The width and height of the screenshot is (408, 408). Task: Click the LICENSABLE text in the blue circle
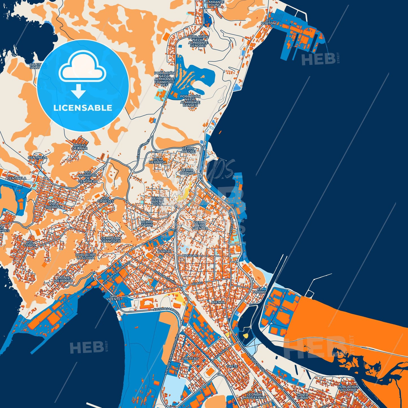[x=83, y=108]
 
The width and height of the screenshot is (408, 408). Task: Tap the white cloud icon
[x=82, y=67]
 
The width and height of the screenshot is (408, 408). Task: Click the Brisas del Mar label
[x=80, y=147]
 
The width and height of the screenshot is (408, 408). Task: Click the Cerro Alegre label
[x=188, y=150]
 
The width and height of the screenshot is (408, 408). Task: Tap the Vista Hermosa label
[x=158, y=161]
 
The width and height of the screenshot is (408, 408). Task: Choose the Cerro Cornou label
[x=187, y=171]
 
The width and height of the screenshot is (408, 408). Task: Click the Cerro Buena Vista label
[x=158, y=201]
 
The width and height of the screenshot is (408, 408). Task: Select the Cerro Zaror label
[x=147, y=224]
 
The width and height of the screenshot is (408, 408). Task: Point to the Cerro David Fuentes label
[x=200, y=225]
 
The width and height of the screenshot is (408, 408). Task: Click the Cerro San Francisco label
[x=111, y=240]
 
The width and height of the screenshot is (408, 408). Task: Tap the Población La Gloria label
[x=86, y=256]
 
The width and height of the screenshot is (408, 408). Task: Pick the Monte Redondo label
[x=64, y=279]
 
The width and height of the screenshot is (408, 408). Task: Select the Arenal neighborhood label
[x=218, y=302]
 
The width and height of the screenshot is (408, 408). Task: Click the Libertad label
[x=190, y=358]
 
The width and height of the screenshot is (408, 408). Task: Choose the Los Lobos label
[x=30, y=244]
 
